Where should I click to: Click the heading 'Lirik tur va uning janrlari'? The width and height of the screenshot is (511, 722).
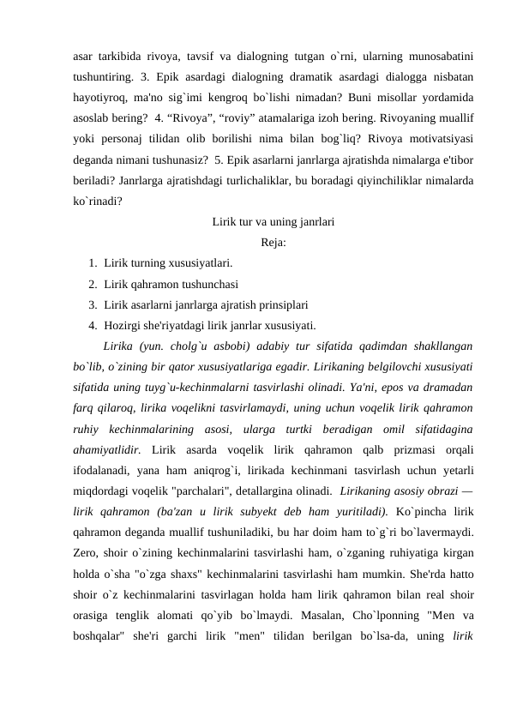click(x=273, y=222)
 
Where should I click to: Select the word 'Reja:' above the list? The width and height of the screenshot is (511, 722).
click(x=274, y=243)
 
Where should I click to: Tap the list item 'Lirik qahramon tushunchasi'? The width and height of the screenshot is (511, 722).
click(x=171, y=284)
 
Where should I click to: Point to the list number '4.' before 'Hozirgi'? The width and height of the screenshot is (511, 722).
click(x=92, y=325)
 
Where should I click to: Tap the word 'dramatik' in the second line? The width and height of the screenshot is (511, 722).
click(x=302, y=78)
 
